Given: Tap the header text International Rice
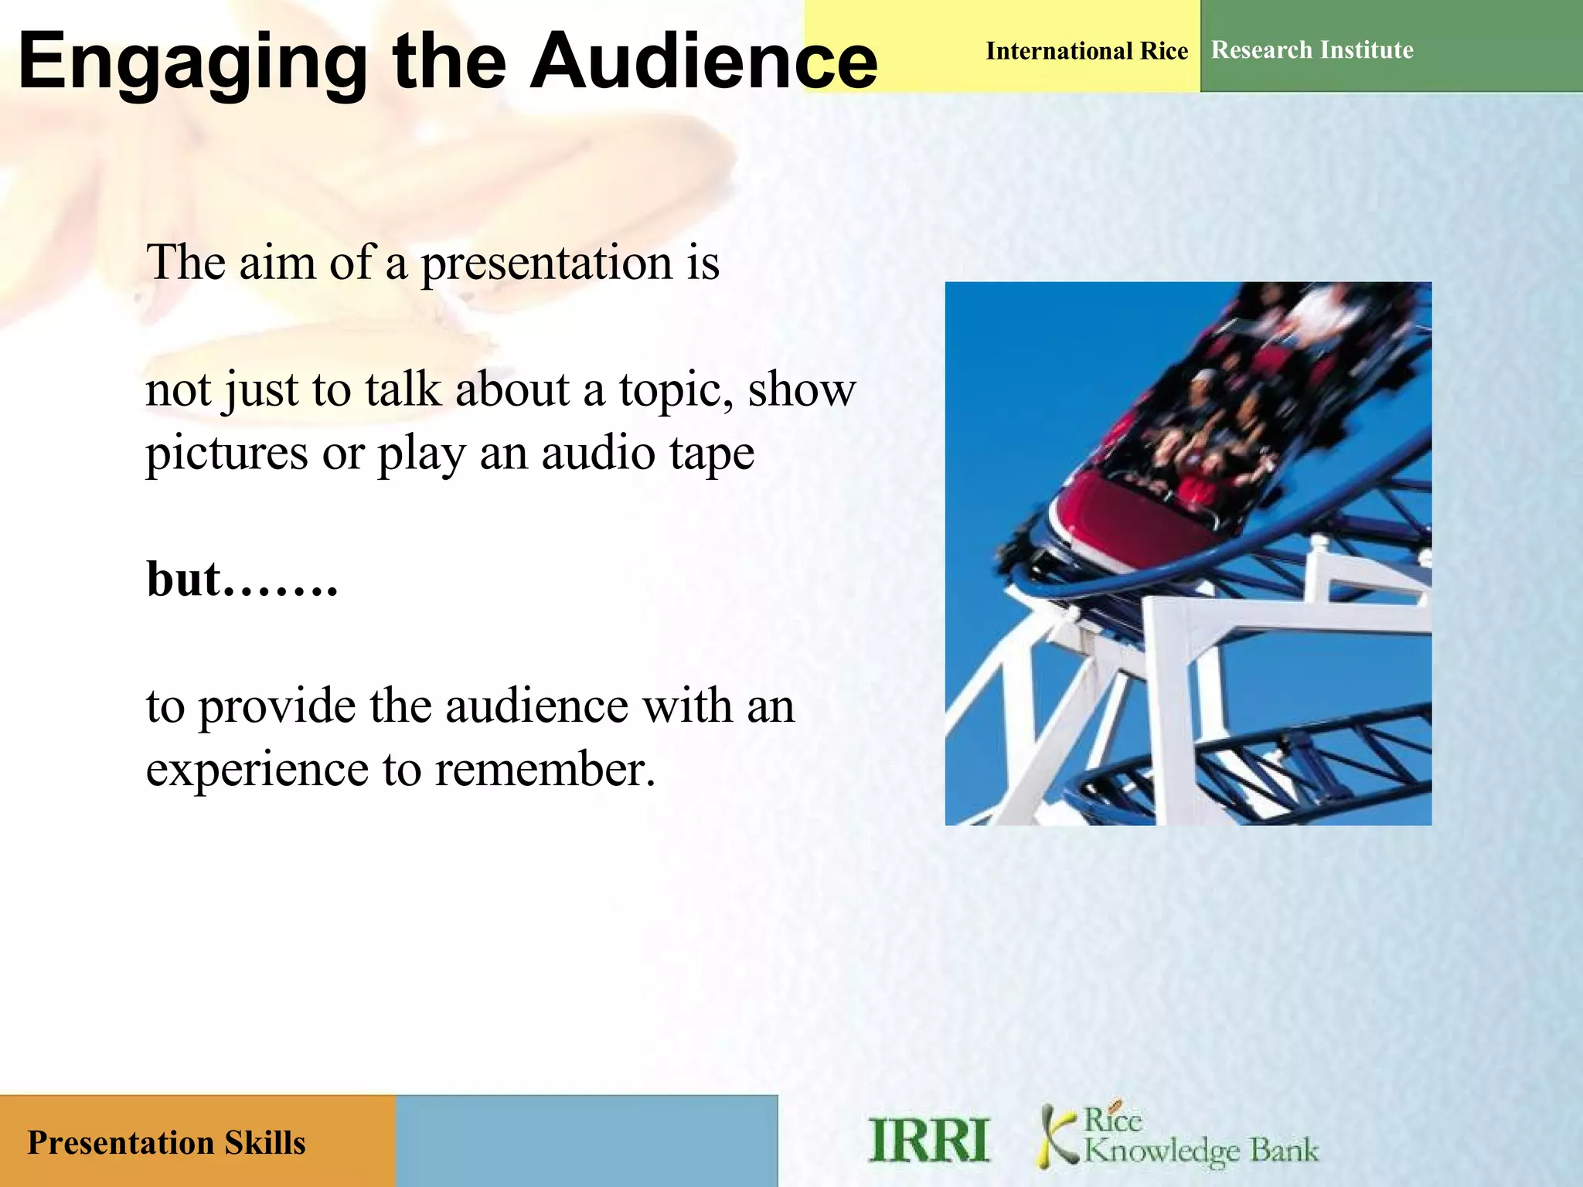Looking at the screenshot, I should (x=1086, y=51).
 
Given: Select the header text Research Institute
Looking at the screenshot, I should (x=1312, y=50).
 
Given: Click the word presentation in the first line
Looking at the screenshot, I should (x=546, y=264).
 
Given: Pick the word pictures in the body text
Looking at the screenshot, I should (x=226, y=454).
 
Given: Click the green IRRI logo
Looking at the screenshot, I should (x=928, y=1141).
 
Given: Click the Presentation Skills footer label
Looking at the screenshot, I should (x=166, y=1143).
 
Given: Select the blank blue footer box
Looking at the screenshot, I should (x=586, y=1141).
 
